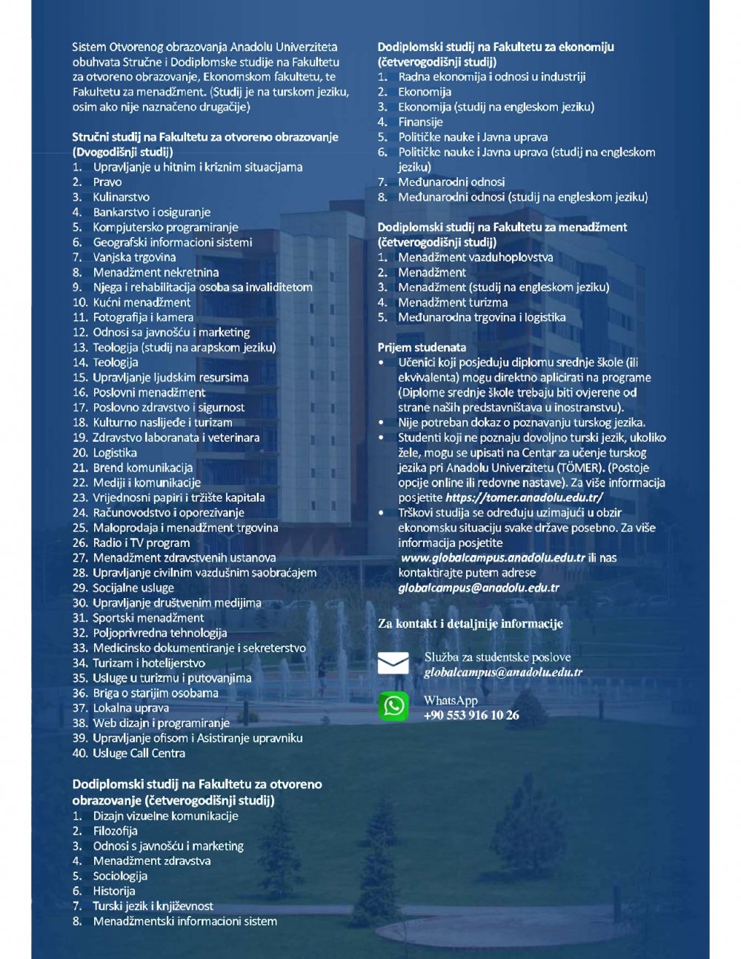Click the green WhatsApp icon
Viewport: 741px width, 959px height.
393,706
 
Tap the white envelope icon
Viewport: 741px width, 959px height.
393,663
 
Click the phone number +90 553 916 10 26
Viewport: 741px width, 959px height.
471,715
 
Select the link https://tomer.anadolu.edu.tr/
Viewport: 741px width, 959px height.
524,498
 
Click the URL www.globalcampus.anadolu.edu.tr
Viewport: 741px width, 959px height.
493,558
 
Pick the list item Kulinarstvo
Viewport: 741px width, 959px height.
121,197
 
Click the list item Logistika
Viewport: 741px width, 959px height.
115,453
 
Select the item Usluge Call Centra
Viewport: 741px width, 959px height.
139,753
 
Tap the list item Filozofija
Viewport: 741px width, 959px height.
115,831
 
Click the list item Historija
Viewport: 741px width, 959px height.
113,891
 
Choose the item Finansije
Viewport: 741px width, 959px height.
420,122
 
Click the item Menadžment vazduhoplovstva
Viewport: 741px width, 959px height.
475,257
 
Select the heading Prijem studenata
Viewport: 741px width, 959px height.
422,347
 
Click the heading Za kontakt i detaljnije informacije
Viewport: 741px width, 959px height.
471,624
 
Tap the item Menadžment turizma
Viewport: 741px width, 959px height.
453,302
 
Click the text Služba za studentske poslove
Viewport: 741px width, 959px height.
497,657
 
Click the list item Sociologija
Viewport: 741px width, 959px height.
119,876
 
